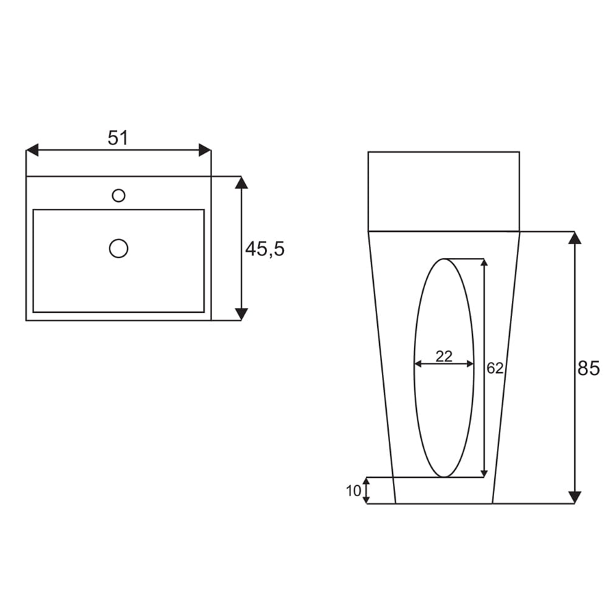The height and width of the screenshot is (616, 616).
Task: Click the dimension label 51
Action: click(x=118, y=138)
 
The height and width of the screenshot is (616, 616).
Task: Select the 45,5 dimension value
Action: click(x=265, y=249)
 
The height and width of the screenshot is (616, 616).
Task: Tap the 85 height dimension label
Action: click(x=589, y=368)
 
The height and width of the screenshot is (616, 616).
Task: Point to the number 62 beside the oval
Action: click(x=495, y=368)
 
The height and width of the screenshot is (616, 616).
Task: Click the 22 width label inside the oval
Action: click(x=444, y=357)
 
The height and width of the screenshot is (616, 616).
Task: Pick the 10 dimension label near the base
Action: click(x=354, y=491)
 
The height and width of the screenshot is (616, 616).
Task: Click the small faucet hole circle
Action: click(x=118, y=195)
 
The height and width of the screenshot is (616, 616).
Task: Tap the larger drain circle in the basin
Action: click(x=118, y=248)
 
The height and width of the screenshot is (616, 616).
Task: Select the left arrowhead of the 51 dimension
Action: click(x=32, y=150)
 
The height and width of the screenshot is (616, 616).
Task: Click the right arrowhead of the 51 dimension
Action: click(x=205, y=150)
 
